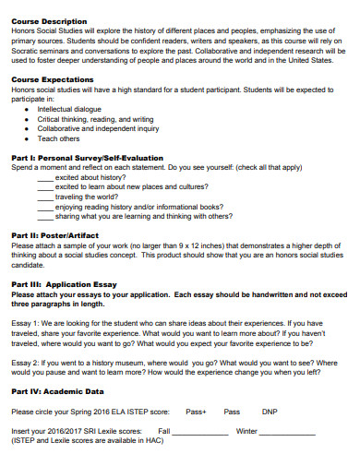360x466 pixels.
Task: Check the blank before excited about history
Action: [x=45, y=177]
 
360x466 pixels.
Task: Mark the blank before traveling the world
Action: [x=45, y=197]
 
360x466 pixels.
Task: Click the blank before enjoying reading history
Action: [x=45, y=207]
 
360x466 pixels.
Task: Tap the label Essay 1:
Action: [x=25, y=324]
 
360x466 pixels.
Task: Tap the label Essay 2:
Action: [x=25, y=364]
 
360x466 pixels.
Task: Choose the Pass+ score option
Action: [x=195, y=412]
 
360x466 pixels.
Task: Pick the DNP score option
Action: [x=270, y=412]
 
